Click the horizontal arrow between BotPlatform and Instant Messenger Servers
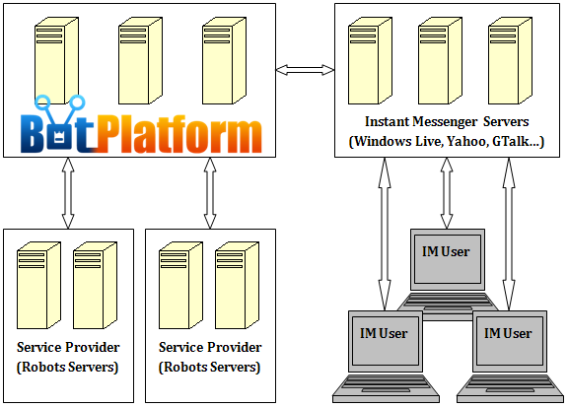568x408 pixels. (x=305, y=70)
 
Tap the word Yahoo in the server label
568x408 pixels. (x=466, y=141)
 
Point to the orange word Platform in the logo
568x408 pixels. (x=179, y=134)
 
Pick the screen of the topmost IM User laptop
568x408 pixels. (x=448, y=259)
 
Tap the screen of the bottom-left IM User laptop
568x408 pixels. (x=385, y=341)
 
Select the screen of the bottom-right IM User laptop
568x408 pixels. (x=509, y=341)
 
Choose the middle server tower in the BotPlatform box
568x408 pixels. (x=141, y=60)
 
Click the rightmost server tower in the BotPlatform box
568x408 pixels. (x=224, y=60)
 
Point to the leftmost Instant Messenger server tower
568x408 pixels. (x=370, y=60)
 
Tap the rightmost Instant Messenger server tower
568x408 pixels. (x=510, y=60)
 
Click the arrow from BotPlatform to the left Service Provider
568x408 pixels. (x=68, y=193)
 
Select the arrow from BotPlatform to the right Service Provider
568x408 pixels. (x=210, y=193)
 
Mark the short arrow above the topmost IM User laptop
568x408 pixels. (x=447, y=193)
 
